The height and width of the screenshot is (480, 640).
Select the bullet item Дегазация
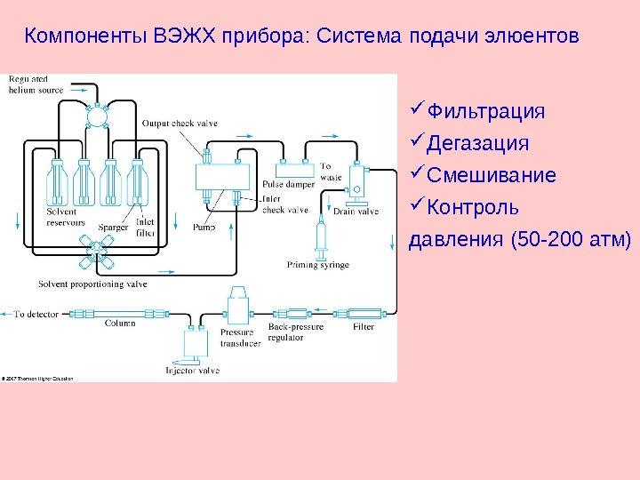click(x=477, y=143)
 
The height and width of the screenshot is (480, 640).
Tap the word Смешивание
click(x=492, y=174)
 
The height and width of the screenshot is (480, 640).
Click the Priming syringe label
click(x=318, y=265)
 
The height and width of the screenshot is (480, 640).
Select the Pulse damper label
click(x=286, y=184)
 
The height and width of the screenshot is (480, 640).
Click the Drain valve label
click(x=356, y=212)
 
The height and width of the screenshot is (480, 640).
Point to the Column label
click(x=120, y=324)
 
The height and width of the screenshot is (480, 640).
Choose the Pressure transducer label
click(x=240, y=338)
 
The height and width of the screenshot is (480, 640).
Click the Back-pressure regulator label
click(x=297, y=332)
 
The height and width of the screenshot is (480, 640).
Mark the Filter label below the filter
click(x=364, y=327)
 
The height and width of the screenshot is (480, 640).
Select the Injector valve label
click(x=193, y=370)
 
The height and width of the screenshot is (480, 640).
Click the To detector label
click(x=36, y=314)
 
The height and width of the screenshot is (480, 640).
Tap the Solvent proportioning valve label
click(x=93, y=284)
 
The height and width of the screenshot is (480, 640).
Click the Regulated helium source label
click(x=36, y=85)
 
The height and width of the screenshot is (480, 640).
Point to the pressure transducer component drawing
click(x=239, y=308)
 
